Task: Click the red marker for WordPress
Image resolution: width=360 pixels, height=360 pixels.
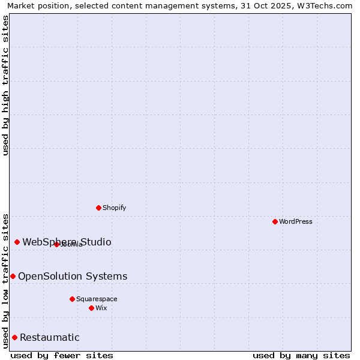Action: tap(275, 221)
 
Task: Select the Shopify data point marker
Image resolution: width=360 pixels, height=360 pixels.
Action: tap(99, 208)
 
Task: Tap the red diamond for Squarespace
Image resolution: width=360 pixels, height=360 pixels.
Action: tap(73, 299)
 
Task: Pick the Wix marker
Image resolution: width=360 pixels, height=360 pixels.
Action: tap(92, 308)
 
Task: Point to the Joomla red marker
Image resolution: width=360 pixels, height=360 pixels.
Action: tap(57, 244)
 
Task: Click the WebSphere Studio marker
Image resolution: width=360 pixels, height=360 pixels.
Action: tap(17, 242)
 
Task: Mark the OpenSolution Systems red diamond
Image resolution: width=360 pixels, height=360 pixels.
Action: tap(13, 276)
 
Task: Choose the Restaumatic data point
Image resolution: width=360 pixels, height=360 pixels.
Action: tap(14, 337)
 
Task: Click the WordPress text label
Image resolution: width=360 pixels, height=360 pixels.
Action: tap(296, 221)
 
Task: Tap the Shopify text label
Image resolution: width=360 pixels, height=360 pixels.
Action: tap(114, 208)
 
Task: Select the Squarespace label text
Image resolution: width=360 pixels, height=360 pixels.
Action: tap(97, 299)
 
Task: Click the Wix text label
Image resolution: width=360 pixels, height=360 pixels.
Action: tap(101, 308)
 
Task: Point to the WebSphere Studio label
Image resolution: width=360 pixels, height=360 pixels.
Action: tap(67, 242)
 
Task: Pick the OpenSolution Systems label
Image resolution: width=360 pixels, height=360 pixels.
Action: tap(73, 276)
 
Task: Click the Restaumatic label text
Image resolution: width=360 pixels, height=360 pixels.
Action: tap(50, 337)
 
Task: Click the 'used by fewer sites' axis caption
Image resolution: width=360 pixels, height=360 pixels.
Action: tap(62, 355)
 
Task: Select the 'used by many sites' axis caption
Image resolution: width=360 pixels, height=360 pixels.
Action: tap(301, 355)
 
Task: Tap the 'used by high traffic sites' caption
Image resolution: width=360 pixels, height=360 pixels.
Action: tap(6, 85)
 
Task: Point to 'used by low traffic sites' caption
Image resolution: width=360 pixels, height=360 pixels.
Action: tap(6, 280)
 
